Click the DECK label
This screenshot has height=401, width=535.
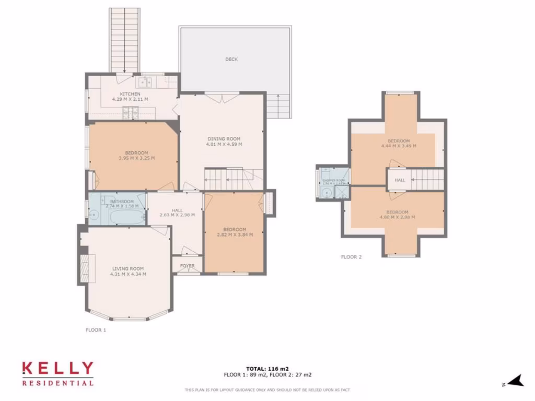pos(231,60)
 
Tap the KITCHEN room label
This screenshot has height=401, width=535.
pos(130,94)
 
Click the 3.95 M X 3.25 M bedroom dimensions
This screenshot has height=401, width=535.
pos(136,158)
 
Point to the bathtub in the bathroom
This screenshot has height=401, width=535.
pos(121,216)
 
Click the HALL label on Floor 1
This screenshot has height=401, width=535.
pos(177,210)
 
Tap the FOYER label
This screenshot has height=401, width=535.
pos(187,266)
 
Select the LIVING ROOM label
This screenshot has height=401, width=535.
pos(128,269)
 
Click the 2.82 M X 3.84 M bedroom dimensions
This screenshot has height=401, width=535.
pos(235,235)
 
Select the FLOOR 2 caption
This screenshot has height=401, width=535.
pos(351,257)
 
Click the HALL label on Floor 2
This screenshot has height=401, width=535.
pos(400,180)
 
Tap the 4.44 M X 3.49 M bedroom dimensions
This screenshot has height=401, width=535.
pos(402,146)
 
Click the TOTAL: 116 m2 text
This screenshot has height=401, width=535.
pos(267,369)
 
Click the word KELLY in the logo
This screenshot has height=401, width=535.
pos(57,369)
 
